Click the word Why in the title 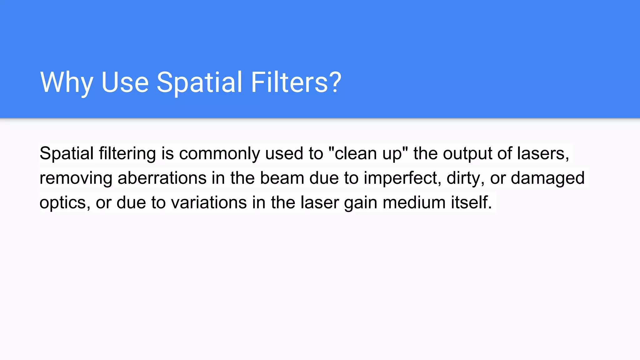pos(67,82)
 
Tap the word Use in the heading pos(125,82)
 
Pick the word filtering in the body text pos(127,154)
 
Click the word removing pos(76,178)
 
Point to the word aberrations pos(162,178)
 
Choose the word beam pos(282,178)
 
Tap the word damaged pos(547,178)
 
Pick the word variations pos(209,202)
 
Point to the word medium pos(414,202)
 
